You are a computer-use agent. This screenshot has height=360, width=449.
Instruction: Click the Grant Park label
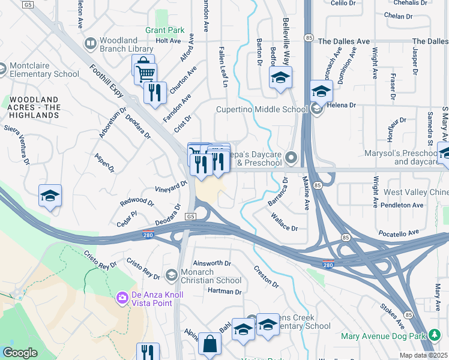(x=164, y=30)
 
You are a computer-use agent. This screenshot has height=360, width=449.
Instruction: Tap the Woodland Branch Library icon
(x=91, y=44)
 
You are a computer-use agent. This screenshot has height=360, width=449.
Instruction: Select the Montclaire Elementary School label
(x=44, y=70)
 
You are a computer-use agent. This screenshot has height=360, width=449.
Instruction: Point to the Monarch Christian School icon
(x=171, y=275)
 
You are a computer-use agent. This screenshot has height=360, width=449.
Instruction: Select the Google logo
(x=20, y=353)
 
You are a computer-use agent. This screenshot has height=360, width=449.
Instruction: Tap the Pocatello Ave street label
(x=398, y=232)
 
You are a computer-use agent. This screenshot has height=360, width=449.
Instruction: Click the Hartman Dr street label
(x=224, y=292)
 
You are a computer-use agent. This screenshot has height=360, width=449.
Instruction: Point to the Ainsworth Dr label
(x=212, y=263)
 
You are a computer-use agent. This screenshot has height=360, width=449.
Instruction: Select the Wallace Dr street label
(x=284, y=223)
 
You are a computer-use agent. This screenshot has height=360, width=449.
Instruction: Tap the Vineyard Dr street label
(x=170, y=188)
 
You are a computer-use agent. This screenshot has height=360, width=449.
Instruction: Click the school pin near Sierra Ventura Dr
(x=50, y=197)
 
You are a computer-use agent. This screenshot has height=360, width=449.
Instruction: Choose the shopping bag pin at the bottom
(x=209, y=345)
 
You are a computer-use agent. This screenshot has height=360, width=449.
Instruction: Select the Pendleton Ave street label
(x=403, y=205)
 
